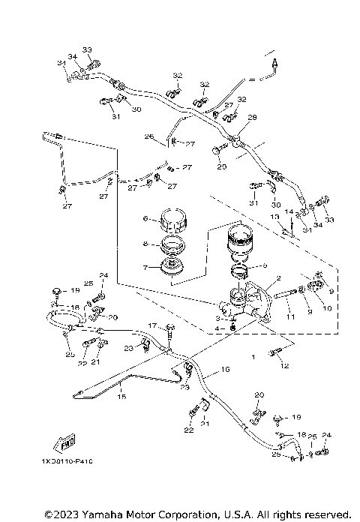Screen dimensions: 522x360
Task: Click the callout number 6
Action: pos(147,219)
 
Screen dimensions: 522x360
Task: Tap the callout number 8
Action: pos(147,244)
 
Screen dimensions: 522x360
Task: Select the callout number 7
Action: pos(147,267)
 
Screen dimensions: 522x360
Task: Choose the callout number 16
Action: pos(224,370)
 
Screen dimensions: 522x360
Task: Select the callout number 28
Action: pos(252,117)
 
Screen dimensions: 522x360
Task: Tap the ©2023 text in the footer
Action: pos(61,514)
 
